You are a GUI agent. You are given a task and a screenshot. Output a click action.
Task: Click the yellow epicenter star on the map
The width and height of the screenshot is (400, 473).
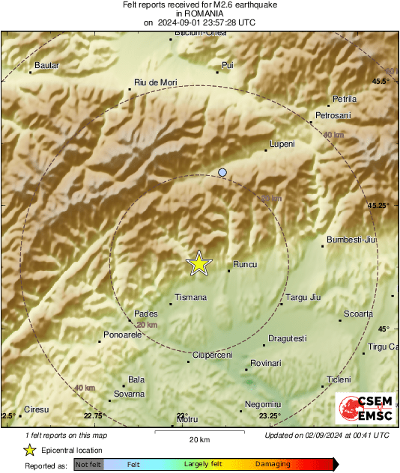click(199, 263)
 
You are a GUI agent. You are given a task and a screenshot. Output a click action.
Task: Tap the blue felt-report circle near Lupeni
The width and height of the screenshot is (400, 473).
click(222, 173)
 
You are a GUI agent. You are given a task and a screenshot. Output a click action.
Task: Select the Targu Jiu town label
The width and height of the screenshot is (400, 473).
click(303, 298)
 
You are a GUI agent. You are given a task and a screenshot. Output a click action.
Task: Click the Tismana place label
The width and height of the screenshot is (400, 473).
click(190, 298)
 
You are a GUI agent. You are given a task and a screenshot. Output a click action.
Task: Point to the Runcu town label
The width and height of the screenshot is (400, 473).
click(245, 264)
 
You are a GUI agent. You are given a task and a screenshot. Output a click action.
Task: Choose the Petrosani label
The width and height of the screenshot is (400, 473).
click(333, 115)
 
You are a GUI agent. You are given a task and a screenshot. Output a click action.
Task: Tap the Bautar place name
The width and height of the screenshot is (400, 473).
click(46, 66)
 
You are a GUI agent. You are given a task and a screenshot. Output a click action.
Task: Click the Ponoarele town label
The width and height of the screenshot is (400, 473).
click(122, 335)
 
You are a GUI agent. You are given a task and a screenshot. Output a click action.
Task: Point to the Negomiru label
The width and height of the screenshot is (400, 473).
click(263, 404)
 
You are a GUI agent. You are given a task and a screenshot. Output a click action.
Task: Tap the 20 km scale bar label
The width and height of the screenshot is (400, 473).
click(199, 439)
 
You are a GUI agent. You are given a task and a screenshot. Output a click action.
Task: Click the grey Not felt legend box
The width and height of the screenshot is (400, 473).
click(88, 465)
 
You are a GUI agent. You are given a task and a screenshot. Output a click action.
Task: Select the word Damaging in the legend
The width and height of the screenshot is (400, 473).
click(273, 465)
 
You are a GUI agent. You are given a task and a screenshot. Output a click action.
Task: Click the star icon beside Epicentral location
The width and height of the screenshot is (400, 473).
click(29, 450)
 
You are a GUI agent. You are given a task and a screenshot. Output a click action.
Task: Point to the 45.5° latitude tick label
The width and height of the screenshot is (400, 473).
click(381, 81)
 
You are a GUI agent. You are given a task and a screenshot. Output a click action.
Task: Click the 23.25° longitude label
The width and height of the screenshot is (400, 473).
click(270, 416)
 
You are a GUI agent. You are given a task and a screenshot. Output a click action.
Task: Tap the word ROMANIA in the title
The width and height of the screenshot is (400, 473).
click(199, 13)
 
